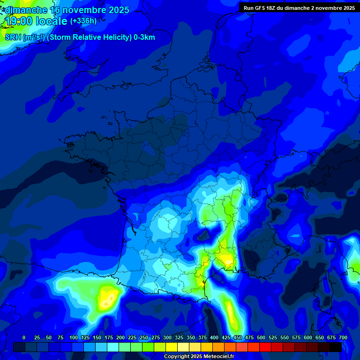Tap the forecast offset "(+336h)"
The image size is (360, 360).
coord(83,21)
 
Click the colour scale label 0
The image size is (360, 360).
coord(24,337)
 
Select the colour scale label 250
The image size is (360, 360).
coord(144,337)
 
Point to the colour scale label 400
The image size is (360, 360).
coord(214,337)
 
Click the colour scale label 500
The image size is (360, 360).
coord(261,337)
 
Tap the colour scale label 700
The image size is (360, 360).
coord(343,337)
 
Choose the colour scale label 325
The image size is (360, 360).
coord(179,337)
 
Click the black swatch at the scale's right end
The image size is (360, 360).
coord(336,347)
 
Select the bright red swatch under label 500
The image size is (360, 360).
coord(265,347)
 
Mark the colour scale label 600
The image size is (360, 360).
coord(308,337)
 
